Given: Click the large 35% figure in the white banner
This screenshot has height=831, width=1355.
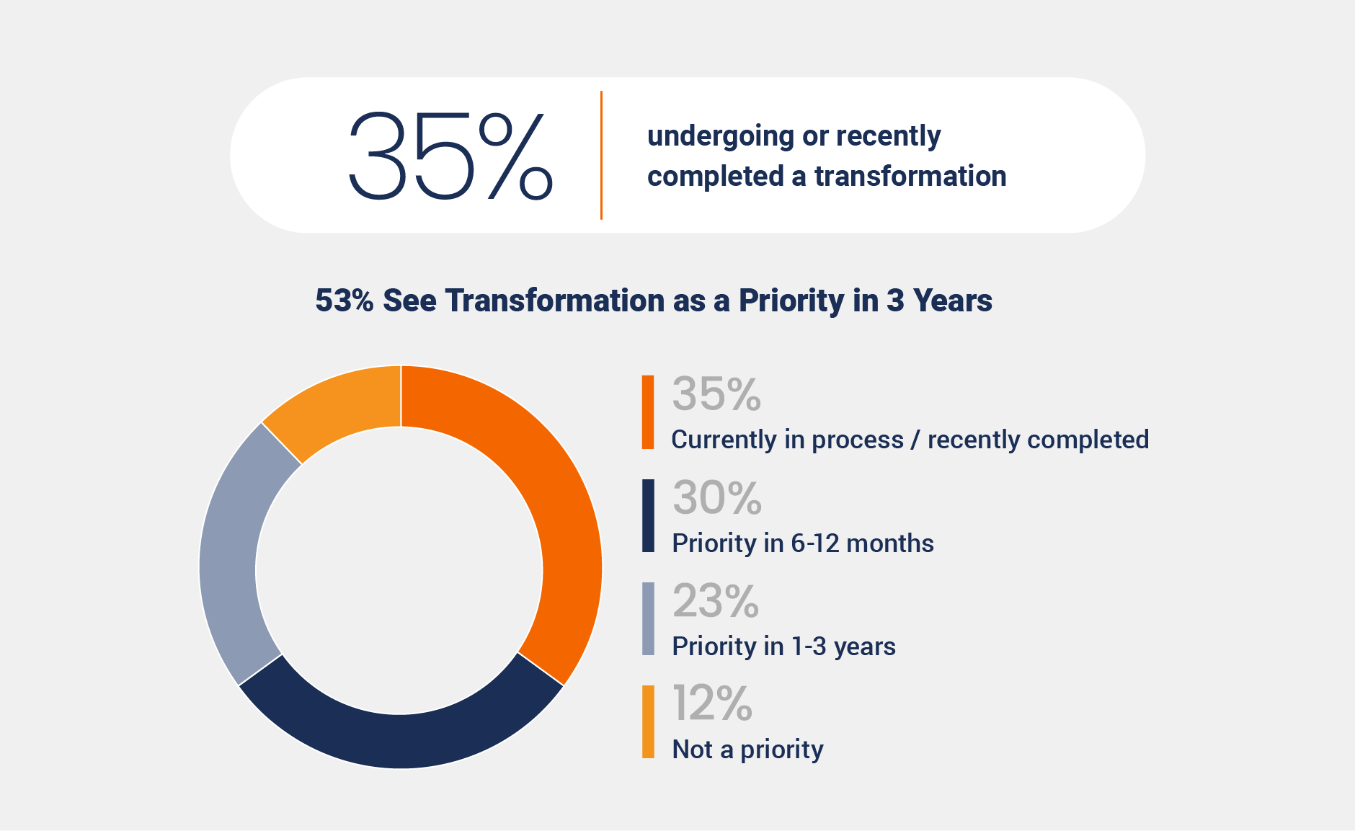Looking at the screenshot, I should (x=450, y=155).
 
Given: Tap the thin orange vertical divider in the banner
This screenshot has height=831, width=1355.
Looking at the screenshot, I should (x=601, y=155).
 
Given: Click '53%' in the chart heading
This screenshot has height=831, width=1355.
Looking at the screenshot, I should (x=345, y=301).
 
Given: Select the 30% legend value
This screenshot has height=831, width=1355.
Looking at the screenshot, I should (x=717, y=498).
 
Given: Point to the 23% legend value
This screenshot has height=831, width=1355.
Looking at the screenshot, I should (x=716, y=601).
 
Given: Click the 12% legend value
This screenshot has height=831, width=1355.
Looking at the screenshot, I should (x=712, y=703).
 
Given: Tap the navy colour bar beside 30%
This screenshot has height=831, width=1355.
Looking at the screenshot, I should (x=648, y=516).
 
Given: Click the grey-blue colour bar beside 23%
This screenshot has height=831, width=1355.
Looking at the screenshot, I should (x=648, y=619).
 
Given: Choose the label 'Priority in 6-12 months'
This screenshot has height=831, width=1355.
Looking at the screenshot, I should (x=802, y=543).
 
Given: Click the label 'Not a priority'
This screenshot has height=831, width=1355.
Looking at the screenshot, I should (x=747, y=750).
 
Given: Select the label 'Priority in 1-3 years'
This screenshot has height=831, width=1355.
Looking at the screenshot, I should (x=783, y=646).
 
